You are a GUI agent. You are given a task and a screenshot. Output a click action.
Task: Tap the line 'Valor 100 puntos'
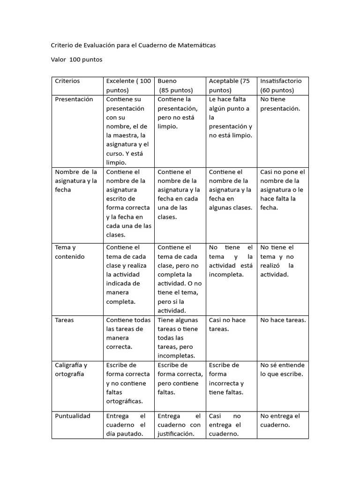point(76,60)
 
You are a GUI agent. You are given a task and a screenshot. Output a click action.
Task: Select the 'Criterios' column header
point(67,81)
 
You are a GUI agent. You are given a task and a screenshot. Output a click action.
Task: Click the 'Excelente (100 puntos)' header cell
point(128,85)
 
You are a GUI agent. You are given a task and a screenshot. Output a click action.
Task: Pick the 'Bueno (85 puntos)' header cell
point(176,85)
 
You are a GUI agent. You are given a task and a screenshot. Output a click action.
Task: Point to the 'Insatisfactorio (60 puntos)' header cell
point(281,85)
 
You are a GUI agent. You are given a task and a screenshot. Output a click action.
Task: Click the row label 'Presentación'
point(74,99)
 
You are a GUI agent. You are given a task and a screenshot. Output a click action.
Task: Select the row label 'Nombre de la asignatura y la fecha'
point(76,181)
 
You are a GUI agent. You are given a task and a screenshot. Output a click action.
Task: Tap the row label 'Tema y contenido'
point(70,252)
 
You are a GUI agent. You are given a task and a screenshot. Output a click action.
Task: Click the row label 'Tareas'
point(65,320)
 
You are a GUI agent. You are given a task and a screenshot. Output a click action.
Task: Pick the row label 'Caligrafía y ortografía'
point(71,369)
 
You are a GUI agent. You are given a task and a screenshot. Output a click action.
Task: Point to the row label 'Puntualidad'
point(73,416)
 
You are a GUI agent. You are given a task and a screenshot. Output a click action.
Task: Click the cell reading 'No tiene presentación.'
point(280,104)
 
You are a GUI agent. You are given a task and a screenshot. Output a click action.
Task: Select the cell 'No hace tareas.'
point(283,320)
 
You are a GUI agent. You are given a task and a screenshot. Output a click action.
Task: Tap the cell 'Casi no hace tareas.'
point(227,324)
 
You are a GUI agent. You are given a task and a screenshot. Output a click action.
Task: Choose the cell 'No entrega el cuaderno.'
point(280,420)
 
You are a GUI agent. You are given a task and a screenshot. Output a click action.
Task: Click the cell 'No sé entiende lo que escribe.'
point(282,369)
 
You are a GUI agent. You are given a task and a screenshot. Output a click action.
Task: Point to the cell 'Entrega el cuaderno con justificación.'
point(179,425)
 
